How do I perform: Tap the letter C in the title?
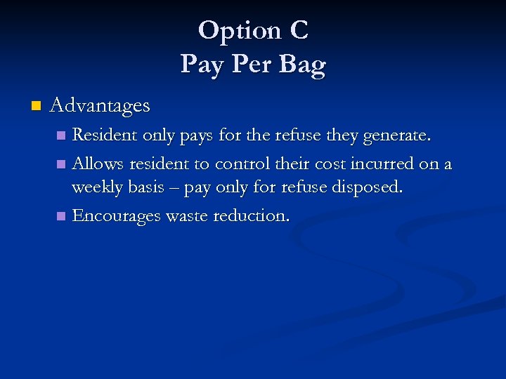click(297, 31)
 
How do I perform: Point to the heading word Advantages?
click(100, 106)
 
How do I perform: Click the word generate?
click(401, 135)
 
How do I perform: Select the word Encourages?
click(117, 216)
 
